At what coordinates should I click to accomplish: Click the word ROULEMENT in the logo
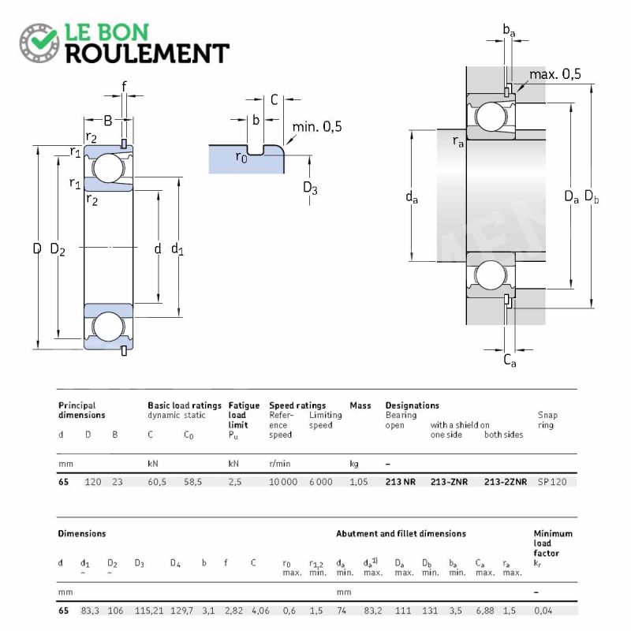point(147,54)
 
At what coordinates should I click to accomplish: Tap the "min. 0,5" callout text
point(317,127)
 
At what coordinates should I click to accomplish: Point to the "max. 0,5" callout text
point(555,74)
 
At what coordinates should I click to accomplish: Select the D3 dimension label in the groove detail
point(310,188)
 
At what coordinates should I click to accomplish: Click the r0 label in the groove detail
point(241,157)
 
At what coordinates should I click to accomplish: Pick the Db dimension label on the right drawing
point(591,196)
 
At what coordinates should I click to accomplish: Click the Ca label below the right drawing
point(510,360)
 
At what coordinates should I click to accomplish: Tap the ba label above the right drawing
point(509,30)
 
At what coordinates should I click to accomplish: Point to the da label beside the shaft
point(412,196)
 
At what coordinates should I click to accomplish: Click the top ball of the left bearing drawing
point(108,168)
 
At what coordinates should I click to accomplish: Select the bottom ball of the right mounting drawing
point(491,275)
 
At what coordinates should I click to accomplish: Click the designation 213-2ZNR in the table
point(506,482)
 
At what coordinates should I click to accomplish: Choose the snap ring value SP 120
point(552,482)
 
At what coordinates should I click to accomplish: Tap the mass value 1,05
point(359,482)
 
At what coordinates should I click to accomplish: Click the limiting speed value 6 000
point(321,482)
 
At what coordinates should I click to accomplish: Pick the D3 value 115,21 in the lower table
point(149,610)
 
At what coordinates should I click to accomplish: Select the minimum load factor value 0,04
point(543,610)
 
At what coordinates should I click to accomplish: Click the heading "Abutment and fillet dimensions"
point(401,534)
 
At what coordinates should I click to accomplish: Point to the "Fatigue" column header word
point(244,405)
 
